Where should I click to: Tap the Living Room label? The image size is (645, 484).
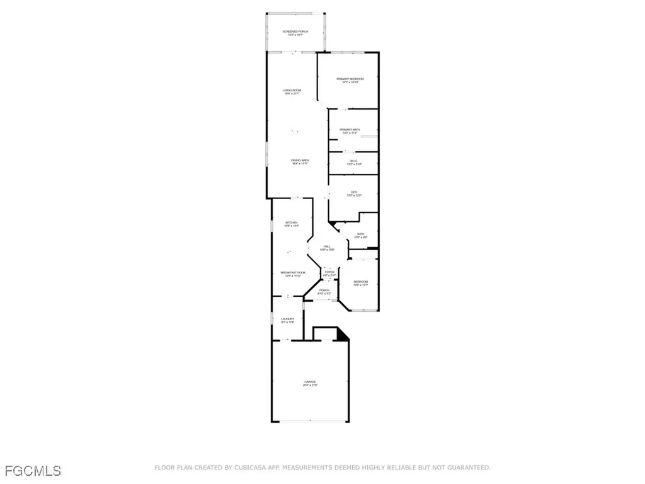click(x=291, y=91)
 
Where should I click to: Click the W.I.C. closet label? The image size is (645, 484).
click(x=353, y=161)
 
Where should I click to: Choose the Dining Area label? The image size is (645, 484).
click(x=300, y=161)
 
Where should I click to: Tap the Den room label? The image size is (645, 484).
click(x=353, y=192)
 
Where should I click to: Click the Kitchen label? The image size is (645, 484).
click(x=291, y=222)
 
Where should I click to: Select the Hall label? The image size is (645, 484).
click(x=327, y=246)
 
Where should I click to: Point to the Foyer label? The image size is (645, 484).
click(x=329, y=272)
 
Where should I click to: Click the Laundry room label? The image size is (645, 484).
click(x=287, y=320)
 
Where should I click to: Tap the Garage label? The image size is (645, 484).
click(x=309, y=382)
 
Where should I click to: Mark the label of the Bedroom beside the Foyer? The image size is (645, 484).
click(x=360, y=282)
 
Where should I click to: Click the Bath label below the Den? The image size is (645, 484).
click(x=360, y=234)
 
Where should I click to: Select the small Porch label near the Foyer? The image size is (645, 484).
click(x=324, y=291)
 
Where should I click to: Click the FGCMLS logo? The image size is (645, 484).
click(x=33, y=470)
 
